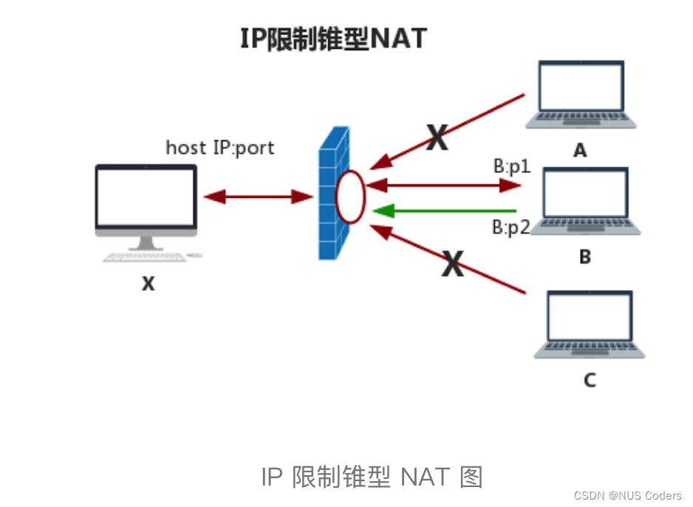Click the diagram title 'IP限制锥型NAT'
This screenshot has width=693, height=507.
(334, 38)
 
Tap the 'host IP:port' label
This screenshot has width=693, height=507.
(219, 147)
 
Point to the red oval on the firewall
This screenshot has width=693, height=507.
(350, 197)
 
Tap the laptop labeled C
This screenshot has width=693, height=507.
(589, 325)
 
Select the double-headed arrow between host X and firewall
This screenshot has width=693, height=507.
(259, 197)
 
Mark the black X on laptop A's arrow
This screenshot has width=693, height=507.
(437, 137)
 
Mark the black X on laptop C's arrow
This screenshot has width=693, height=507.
(452, 263)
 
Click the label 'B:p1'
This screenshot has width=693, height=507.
(512, 167)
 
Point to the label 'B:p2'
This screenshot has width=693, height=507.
(511, 227)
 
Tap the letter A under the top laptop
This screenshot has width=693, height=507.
(580, 151)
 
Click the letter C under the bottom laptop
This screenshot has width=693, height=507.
(589, 380)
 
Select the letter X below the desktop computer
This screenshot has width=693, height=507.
(148, 283)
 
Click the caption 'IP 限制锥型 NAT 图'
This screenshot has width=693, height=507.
(372, 477)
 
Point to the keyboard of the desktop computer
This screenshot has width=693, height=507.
(145, 258)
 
